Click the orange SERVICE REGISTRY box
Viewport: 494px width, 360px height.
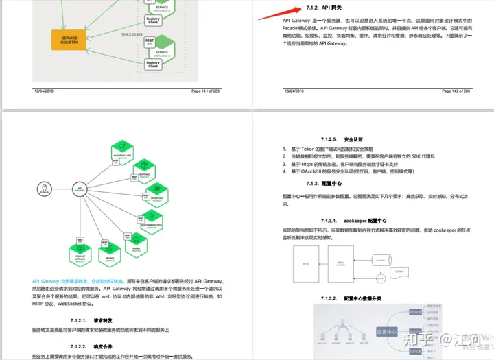click(x=69, y=40)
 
